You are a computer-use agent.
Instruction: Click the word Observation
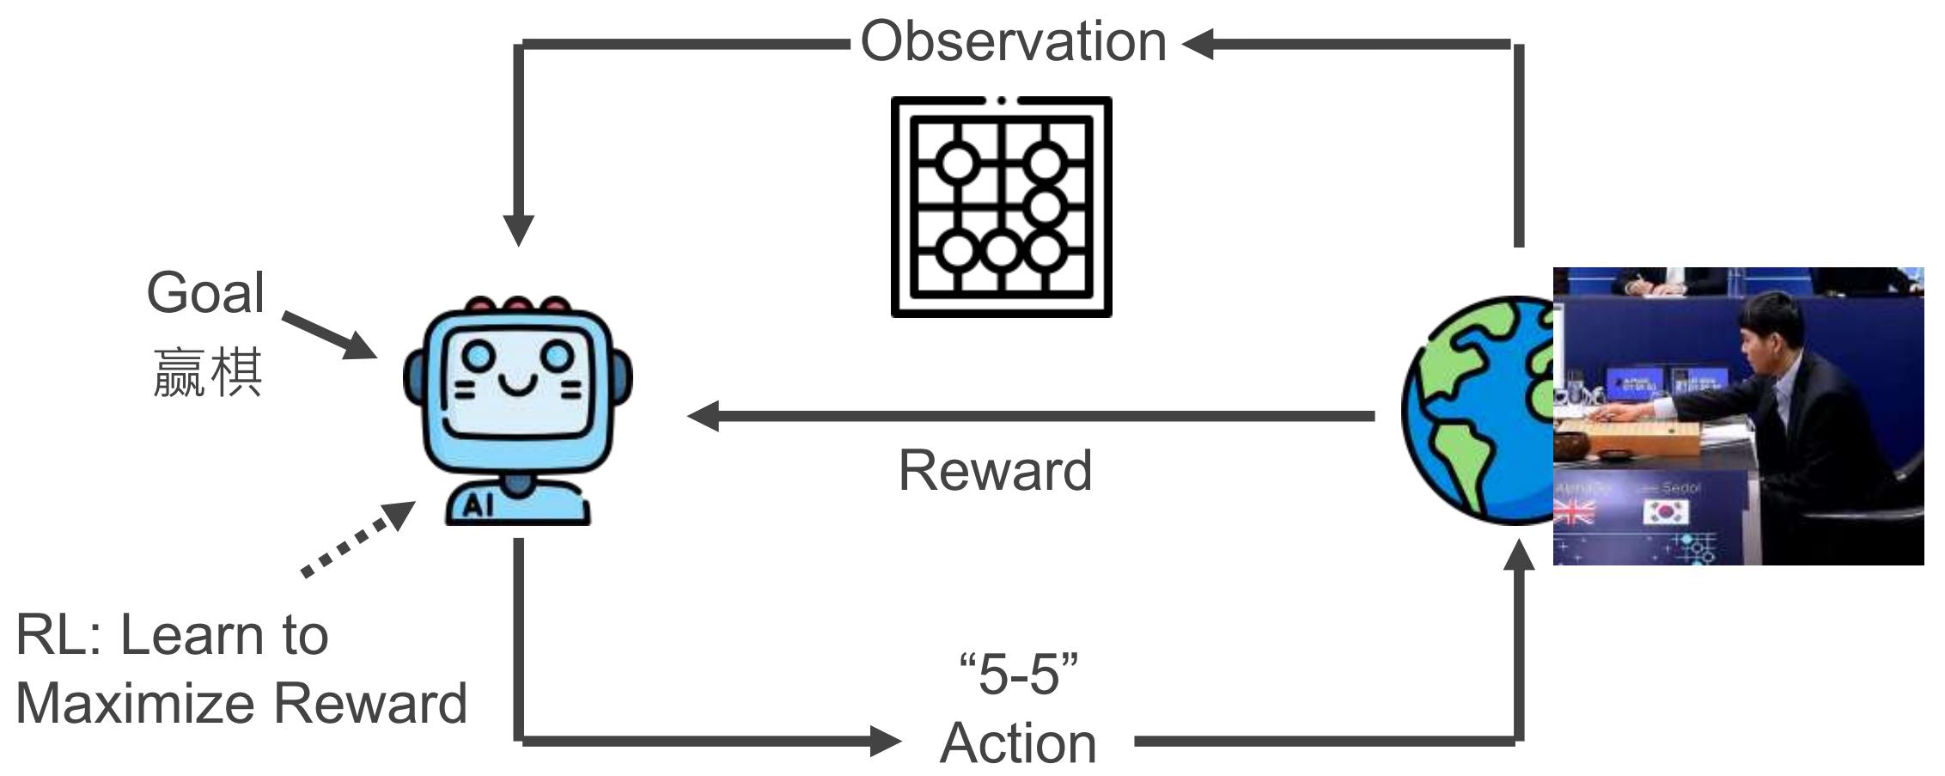click(1013, 41)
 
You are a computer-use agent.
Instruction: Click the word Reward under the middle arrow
click(995, 471)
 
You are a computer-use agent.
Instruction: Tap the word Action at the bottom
click(1018, 743)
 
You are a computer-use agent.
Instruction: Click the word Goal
click(205, 293)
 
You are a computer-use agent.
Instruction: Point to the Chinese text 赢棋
click(207, 373)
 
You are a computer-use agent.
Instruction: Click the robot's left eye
click(478, 354)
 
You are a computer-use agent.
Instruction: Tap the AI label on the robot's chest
click(479, 506)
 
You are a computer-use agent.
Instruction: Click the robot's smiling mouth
click(518, 384)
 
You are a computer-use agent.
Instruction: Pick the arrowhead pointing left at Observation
click(1198, 44)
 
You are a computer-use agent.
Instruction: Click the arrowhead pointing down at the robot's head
click(518, 229)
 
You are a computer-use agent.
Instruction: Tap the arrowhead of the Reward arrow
click(703, 416)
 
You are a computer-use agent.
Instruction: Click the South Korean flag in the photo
click(1666, 513)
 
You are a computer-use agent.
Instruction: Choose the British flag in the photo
click(1574, 513)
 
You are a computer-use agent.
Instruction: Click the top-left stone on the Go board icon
click(957, 162)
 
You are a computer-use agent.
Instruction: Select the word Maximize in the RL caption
click(138, 703)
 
